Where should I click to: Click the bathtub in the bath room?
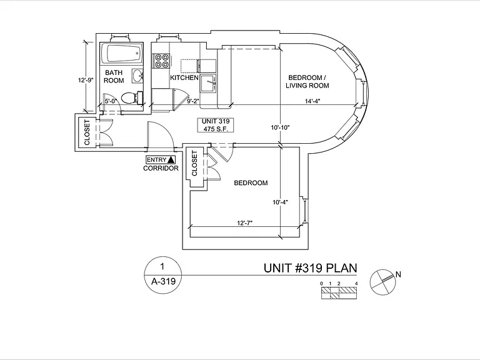tap(122, 53)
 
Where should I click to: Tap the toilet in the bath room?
tap(132, 98)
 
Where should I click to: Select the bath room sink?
tap(137, 76)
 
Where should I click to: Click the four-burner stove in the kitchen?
tap(161, 61)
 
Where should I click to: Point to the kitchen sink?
tap(208, 83)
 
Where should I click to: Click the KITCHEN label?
tap(184, 77)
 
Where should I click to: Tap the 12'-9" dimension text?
tap(86, 81)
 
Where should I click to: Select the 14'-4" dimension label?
tap(312, 101)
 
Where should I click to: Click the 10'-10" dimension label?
tap(280, 127)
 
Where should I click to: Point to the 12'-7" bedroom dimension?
tap(244, 223)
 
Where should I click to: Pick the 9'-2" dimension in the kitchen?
tap(193, 101)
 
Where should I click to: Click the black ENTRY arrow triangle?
tap(171, 159)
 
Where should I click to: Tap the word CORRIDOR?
tap(161, 168)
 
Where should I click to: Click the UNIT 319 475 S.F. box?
tap(216, 125)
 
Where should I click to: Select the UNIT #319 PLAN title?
tap(311, 268)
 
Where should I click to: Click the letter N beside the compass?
tap(398, 274)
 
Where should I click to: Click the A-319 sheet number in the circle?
tap(163, 281)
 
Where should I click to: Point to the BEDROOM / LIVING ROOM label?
tap(307, 81)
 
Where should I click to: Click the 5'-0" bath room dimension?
tap(111, 101)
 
